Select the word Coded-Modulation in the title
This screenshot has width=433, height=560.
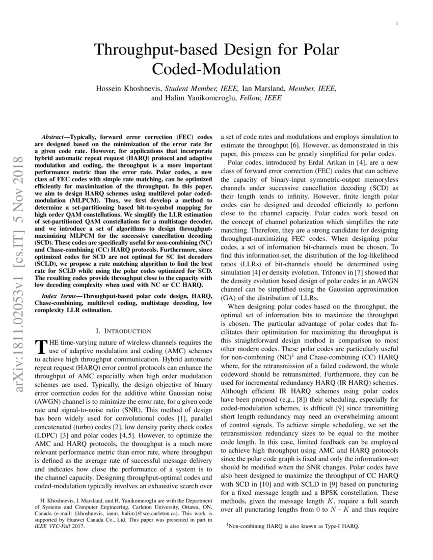pyautogui.click(x=217, y=69)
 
